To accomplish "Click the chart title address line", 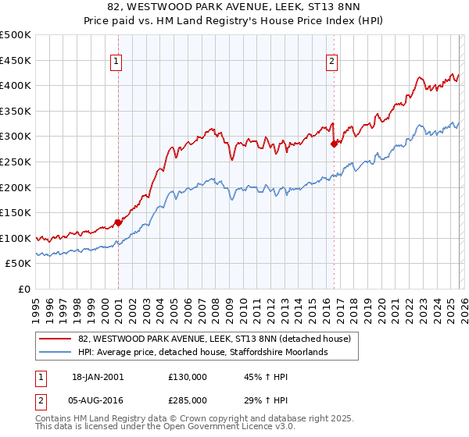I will [234, 9].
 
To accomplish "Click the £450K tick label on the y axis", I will [16, 60].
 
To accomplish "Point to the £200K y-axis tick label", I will [16, 187].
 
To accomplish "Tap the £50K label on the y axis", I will [19, 264].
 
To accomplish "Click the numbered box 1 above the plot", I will [116, 61].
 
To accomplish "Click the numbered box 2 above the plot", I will [331, 61].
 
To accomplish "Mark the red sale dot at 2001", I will [118, 222].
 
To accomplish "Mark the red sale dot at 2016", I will [334, 144].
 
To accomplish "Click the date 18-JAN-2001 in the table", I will [98, 377].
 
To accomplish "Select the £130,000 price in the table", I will [187, 377].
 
